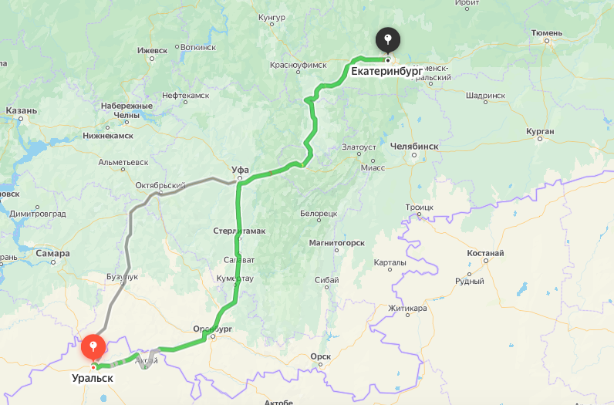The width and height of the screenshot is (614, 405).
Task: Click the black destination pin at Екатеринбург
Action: tap(387, 39)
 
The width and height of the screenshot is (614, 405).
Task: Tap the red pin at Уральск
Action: tap(93, 347)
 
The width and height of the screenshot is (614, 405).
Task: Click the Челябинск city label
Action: tap(414, 145)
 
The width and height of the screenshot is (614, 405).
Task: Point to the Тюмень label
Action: tap(547, 33)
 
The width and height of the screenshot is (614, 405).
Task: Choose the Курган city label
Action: tap(540, 132)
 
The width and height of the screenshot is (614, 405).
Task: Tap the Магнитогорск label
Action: tap(336, 242)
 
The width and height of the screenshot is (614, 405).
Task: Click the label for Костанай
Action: tap(485, 253)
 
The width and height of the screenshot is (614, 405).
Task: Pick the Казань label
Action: tap(21, 110)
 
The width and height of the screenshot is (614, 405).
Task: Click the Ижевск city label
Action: tap(152, 50)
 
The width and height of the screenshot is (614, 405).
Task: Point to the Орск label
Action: tap(320, 356)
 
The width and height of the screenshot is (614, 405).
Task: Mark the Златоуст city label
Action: tap(359, 147)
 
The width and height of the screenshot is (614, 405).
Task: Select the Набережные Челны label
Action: tap(127, 110)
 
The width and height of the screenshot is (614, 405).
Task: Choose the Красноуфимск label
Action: tap(299, 66)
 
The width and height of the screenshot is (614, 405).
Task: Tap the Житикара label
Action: tap(407, 309)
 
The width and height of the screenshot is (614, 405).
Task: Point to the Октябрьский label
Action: tap(160, 185)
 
